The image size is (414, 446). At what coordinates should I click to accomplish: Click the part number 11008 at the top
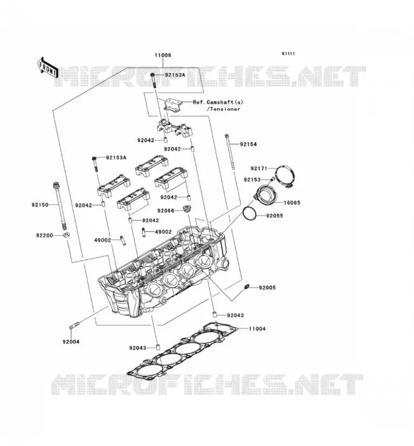pyautogui.click(x=163, y=55)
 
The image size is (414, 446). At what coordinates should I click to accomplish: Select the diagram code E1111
pyautogui.click(x=288, y=54)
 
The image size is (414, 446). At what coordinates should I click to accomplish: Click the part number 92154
pyautogui.click(x=248, y=144)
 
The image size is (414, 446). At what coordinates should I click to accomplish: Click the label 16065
pyautogui.click(x=292, y=203)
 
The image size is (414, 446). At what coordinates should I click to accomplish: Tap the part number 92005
pyautogui.click(x=267, y=288)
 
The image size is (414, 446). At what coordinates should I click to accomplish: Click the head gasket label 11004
pyautogui.click(x=257, y=329)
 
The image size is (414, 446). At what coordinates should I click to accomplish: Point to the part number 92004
pyautogui.click(x=71, y=342)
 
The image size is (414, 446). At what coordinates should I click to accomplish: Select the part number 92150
pyautogui.click(x=40, y=205)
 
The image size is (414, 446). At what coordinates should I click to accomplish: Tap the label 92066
pyautogui.click(x=165, y=211)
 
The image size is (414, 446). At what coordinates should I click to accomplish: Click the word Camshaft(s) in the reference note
pyautogui.click(x=225, y=102)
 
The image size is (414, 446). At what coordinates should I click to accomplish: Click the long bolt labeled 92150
pyautogui.click(x=60, y=206)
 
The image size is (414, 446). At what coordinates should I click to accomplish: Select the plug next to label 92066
pyautogui.click(x=187, y=208)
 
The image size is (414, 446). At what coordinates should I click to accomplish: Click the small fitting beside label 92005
pyautogui.click(x=247, y=286)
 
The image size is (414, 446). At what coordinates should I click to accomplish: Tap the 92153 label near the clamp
pyautogui.click(x=252, y=180)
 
